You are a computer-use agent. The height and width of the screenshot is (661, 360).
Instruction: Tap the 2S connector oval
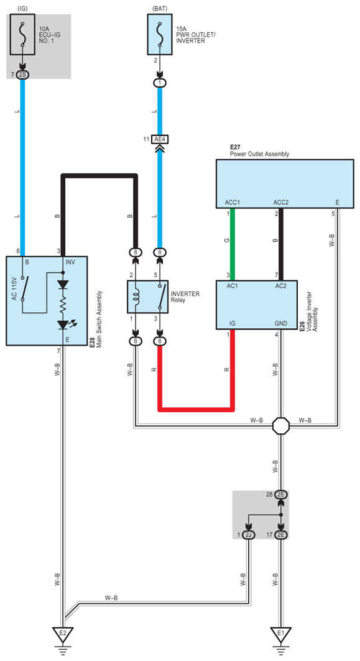click(23, 75)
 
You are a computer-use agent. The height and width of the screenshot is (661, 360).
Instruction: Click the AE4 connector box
click(159, 138)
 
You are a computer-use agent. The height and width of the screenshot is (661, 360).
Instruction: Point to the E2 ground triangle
click(63, 634)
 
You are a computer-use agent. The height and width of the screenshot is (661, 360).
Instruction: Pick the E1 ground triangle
click(281, 634)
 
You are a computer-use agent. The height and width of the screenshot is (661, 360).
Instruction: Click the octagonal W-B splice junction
click(281, 426)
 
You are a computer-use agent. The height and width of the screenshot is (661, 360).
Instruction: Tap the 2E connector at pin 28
click(281, 494)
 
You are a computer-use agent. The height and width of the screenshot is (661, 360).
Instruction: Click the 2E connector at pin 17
click(281, 535)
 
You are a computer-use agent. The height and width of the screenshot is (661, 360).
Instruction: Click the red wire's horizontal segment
click(196, 409)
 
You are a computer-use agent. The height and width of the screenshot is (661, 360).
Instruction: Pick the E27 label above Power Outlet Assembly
click(235, 147)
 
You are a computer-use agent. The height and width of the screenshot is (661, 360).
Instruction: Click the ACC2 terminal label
click(281, 203)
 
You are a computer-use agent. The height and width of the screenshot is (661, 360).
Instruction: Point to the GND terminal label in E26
click(281, 324)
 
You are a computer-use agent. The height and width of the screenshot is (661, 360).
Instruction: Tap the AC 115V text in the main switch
click(14, 288)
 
